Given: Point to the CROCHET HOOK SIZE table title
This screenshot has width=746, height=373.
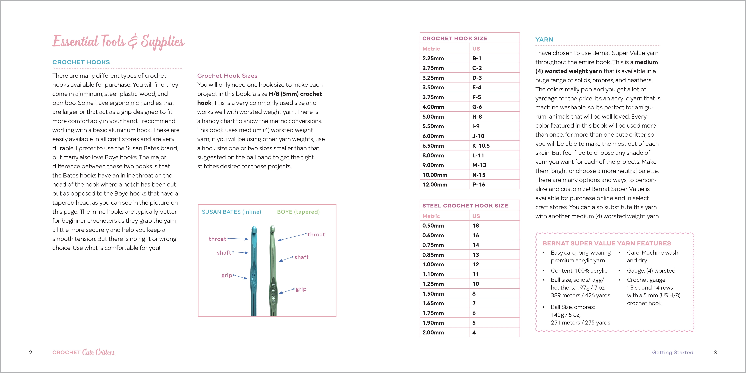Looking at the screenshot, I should coord(455,38).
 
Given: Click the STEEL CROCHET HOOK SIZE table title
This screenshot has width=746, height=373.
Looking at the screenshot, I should coord(465,206).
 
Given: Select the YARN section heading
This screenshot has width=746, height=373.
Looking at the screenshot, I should coord(544,39).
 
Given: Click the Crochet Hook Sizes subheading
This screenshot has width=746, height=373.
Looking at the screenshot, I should coord(227,76).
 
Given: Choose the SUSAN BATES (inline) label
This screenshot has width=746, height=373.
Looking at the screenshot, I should coord(231,212).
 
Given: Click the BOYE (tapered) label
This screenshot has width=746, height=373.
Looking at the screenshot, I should coord(298,212).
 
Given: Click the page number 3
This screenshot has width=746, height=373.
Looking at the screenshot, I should coord(715,352).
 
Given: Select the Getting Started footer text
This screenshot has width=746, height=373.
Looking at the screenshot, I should coord(672,352).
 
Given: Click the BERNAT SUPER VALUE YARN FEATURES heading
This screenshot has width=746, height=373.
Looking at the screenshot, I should coord(607,243).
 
